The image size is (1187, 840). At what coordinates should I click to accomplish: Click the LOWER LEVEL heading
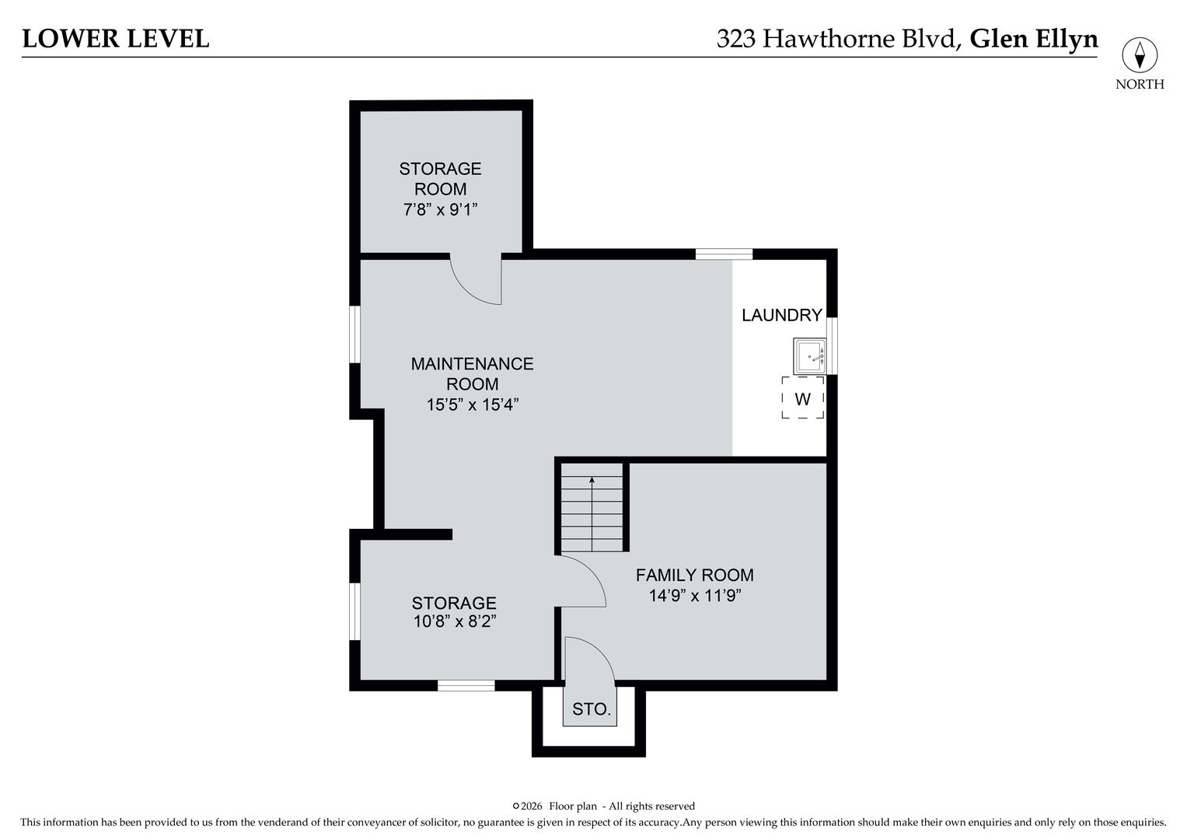click(x=116, y=39)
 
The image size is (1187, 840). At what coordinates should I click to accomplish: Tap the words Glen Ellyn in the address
click(x=1034, y=39)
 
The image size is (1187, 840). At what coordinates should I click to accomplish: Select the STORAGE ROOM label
click(x=440, y=179)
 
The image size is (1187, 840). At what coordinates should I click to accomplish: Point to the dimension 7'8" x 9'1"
click(x=440, y=209)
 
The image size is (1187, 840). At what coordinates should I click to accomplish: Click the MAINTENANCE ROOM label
click(x=472, y=373)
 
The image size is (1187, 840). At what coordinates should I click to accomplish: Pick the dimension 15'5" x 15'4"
click(x=472, y=404)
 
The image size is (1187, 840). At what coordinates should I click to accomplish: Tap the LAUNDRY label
click(x=781, y=315)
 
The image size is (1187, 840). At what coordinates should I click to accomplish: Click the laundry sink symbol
click(x=809, y=357)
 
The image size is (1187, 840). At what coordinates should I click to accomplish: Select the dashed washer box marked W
click(x=802, y=399)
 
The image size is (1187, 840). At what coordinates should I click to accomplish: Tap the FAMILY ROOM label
click(x=694, y=576)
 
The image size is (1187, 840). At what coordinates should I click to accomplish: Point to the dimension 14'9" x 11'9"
click(x=694, y=597)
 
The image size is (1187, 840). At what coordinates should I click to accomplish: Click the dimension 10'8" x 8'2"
click(x=454, y=621)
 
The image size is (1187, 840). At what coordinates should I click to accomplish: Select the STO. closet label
click(x=592, y=709)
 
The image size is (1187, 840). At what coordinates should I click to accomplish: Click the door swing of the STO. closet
click(x=589, y=661)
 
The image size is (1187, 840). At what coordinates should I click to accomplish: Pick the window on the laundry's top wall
click(x=724, y=254)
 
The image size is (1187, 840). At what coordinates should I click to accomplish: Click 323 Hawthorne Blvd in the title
click(x=836, y=39)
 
